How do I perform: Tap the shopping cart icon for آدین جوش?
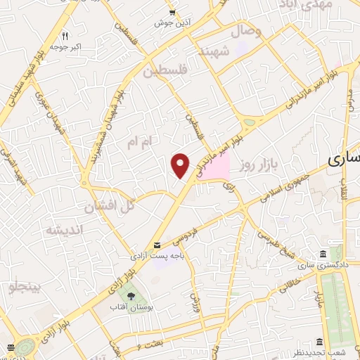pyautogui.click(x=173, y=13)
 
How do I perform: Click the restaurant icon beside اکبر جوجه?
pyautogui.click(x=65, y=35)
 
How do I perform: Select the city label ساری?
pyautogui.click(x=345, y=160)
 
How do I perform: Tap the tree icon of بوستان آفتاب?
pyautogui.click(x=129, y=295)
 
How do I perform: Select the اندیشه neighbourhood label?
pyautogui.click(x=64, y=231)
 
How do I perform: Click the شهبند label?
pyautogui.click(x=214, y=52)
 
